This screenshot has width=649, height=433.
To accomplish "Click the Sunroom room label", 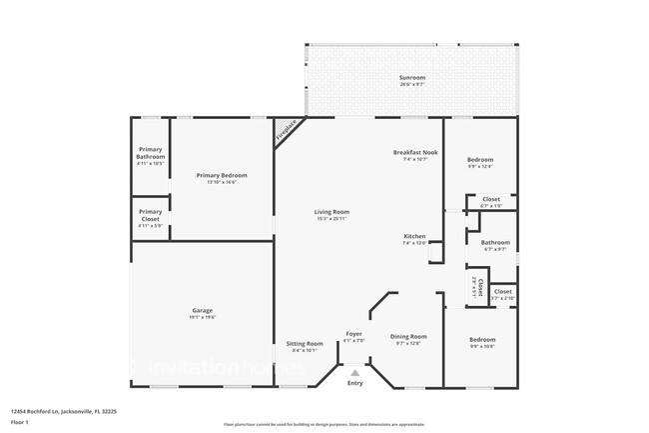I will coord(412,78).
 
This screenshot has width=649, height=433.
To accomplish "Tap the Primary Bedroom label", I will coord(222,175).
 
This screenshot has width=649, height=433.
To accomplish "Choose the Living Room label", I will coord(331,211).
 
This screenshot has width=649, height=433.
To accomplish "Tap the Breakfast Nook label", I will coord(414,152).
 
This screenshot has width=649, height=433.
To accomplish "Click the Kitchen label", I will coord(414,236).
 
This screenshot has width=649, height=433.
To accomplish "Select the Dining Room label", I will coord(408,336).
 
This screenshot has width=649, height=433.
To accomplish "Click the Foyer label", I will coord(354,333).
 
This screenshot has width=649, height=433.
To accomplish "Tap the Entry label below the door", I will coord(354,383).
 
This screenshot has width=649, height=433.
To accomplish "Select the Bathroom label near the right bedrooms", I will coord(495,242).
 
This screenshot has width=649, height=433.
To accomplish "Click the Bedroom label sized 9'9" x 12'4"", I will coord(481,160).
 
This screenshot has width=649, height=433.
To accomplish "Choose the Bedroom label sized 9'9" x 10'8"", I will coord(483,340).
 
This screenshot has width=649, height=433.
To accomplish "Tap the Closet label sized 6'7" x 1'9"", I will coord(491,199).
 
